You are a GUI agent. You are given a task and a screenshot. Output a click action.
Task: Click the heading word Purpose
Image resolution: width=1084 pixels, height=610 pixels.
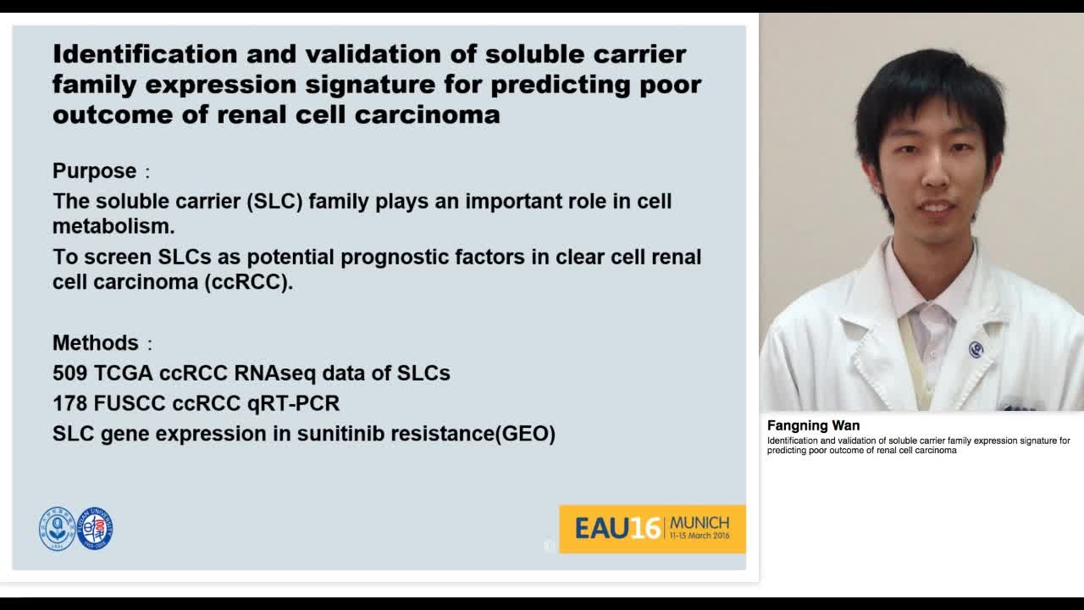click(x=94, y=171)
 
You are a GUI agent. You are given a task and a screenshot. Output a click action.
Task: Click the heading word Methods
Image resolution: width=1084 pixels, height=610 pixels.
click(x=95, y=343)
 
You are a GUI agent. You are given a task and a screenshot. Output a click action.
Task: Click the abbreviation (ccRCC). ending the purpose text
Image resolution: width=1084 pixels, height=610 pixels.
click(x=248, y=282)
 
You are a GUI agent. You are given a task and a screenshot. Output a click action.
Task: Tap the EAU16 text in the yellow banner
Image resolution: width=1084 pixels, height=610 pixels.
click(x=617, y=529)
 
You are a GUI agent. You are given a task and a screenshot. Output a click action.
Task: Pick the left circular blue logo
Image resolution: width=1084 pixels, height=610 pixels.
click(x=57, y=530)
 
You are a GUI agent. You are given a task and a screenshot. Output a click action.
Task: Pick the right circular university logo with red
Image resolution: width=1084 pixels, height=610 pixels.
click(x=95, y=529)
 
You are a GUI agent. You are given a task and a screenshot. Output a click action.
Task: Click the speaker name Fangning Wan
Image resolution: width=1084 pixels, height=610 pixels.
click(x=813, y=426)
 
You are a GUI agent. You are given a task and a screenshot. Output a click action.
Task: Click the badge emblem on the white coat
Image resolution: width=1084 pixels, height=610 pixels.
click(x=976, y=349)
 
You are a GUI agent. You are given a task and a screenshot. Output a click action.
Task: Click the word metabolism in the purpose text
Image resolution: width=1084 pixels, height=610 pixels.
click(x=113, y=227)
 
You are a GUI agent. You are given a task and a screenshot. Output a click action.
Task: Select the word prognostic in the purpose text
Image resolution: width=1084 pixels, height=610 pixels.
click(x=410, y=258)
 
